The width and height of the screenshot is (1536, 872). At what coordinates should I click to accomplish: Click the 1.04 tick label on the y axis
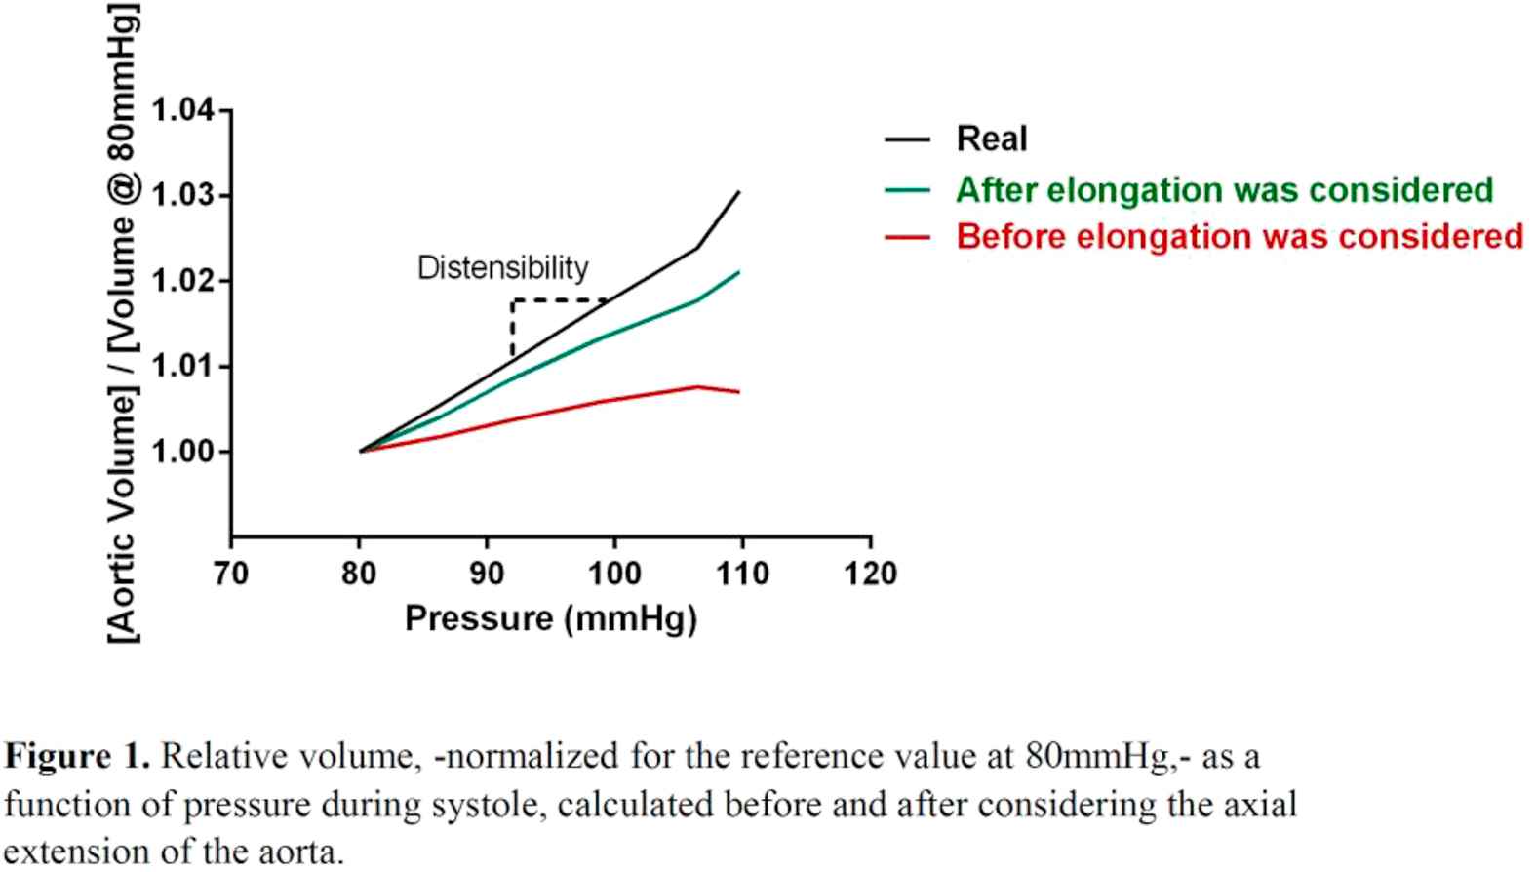tap(183, 110)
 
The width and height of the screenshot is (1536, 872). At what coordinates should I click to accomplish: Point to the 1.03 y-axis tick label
tap(183, 196)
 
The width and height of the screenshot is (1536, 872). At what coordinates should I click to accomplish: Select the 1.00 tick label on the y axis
tap(183, 452)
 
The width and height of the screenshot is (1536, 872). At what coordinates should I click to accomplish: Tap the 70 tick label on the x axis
tap(231, 574)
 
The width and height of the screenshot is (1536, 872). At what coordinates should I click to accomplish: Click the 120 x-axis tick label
tap(870, 574)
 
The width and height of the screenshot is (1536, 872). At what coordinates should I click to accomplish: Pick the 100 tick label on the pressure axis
tap(614, 574)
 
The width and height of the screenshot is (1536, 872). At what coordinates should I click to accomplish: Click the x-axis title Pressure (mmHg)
tap(551, 618)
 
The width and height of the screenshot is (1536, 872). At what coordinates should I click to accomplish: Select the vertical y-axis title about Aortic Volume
tap(124, 322)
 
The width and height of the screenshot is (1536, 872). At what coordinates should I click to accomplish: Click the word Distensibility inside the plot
tap(502, 268)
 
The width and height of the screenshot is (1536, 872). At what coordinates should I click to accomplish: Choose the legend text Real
tap(992, 139)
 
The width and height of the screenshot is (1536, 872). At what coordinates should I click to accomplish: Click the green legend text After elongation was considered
tap(1224, 189)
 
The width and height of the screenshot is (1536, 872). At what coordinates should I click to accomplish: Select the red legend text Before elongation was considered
tap(1240, 236)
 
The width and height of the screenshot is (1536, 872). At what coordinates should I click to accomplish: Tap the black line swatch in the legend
tap(907, 140)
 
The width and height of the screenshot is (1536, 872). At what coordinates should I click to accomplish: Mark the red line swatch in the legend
tap(907, 237)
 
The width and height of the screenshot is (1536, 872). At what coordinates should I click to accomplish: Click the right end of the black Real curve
tap(738, 193)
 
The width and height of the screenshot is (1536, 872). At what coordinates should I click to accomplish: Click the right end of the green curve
tap(738, 272)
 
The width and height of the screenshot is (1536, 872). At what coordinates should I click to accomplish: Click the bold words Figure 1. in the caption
tap(78, 756)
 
